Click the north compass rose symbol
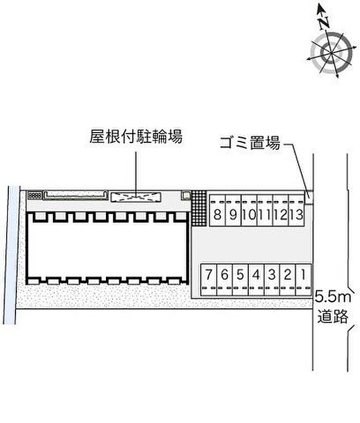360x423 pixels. (x=327, y=52)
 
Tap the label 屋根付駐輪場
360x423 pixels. (x=136, y=136)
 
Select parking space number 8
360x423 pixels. (x=218, y=214)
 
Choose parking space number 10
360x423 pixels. (x=249, y=214)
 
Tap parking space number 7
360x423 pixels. (x=209, y=275)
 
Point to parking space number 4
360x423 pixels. (x=256, y=275)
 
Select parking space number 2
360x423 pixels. (x=288, y=275)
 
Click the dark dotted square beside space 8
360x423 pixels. (x=199, y=208)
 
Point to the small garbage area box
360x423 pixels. (x=309, y=195)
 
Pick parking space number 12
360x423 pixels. (x=280, y=214)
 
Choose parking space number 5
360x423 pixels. (x=240, y=275)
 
